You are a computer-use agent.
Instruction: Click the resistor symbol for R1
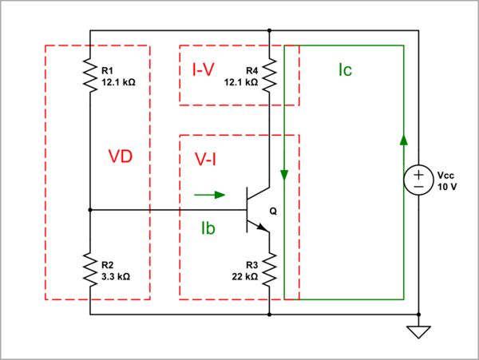point(90,76)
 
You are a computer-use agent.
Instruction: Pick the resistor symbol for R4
point(271,76)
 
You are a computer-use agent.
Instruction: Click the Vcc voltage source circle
point(417,180)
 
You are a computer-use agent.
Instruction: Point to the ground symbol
point(418,331)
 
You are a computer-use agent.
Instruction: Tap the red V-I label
point(206,159)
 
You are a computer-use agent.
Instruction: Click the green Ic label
point(345,70)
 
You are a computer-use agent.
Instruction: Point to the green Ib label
point(210,228)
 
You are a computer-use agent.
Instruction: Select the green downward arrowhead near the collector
point(284,175)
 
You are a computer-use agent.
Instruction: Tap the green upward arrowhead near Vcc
point(404,140)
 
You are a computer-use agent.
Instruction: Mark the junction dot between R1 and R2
point(90,211)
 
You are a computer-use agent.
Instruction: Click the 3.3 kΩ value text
point(116,277)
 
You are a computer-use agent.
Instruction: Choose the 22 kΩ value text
point(244,277)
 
